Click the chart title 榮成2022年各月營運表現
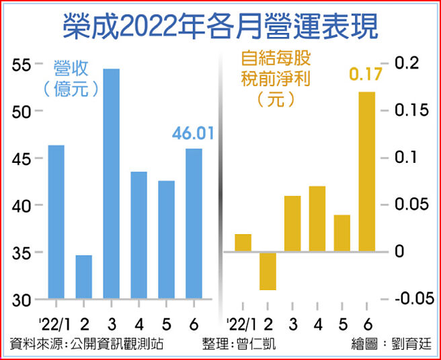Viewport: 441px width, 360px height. click(x=220, y=27)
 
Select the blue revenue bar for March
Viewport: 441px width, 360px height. click(x=112, y=184)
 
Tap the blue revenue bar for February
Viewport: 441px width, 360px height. click(x=84, y=277)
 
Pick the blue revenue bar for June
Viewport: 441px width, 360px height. click(x=194, y=223)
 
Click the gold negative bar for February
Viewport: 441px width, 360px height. click(x=268, y=271)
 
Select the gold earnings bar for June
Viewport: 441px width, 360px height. click(x=367, y=172)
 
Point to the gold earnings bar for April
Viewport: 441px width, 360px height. click(x=317, y=219)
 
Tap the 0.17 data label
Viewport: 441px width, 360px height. click(x=366, y=74)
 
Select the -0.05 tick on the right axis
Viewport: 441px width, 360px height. click(x=413, y=299)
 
